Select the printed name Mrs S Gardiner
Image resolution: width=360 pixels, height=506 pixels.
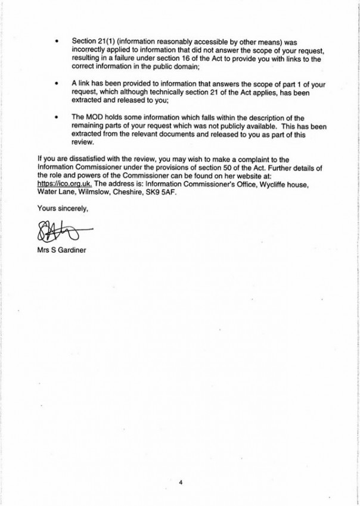[x=61, y=249]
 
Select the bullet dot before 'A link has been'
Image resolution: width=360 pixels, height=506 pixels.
[x=56, y=86]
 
